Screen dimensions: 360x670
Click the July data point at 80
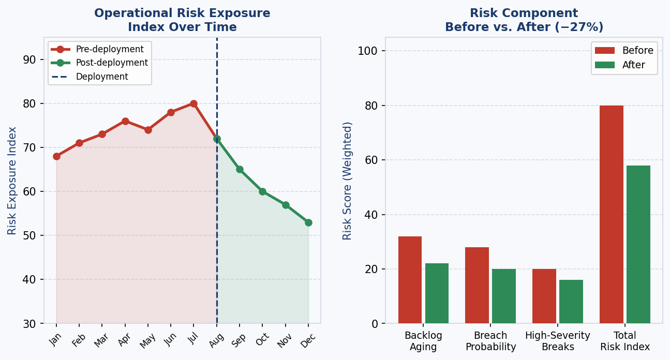193,103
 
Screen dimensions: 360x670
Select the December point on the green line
308,222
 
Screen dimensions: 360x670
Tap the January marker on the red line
56,156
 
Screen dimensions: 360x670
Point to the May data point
148,130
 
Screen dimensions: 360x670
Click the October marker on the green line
262,191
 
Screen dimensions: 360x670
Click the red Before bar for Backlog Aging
410,280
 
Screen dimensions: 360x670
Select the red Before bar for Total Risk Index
612,214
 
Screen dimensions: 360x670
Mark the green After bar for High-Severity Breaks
571,302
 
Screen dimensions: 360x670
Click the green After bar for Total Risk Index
638,244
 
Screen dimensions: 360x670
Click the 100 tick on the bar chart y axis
371,51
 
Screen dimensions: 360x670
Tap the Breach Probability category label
490,341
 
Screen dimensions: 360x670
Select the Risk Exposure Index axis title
12,181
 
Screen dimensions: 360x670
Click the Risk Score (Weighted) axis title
348,181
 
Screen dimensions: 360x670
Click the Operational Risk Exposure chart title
182,20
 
